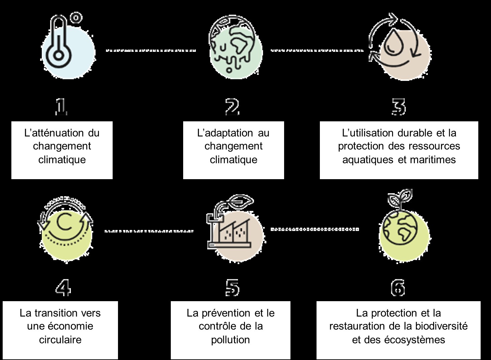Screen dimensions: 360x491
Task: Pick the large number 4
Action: pyautogui.click(x=63, y=287)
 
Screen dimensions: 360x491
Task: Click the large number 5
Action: pyautogui.click(x=233, y=287)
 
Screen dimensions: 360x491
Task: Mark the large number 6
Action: pyautogui.click(x=398, y=287)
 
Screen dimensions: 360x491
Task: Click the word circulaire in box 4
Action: pyautogui.click(x=60, y=340)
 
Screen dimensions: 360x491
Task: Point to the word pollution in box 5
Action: pyautogui.click(x=230, y=340)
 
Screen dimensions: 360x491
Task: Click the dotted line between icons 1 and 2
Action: pyautogui.click(x=151, y=51)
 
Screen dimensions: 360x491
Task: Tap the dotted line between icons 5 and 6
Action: pyautogui.click(x=315, y=230)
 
